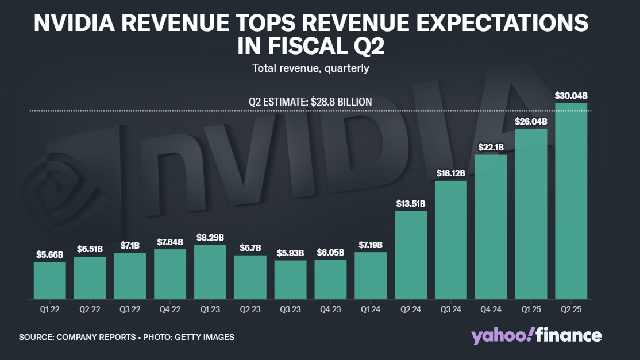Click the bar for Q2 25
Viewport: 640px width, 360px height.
[x=571, y=201]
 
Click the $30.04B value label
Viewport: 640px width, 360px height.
[x=571, y=96]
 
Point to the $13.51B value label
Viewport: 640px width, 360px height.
[x=410, y=203]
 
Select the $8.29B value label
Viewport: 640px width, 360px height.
[x=210, y=238]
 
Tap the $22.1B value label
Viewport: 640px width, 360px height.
[x=491, y=148]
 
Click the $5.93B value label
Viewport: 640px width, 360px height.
[x=290, y=253]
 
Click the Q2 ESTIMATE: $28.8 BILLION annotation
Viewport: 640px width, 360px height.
[x=310, y=102]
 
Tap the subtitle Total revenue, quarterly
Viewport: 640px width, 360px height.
[x=310, y=68]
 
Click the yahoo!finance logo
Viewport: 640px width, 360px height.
[x=537, y=336]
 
